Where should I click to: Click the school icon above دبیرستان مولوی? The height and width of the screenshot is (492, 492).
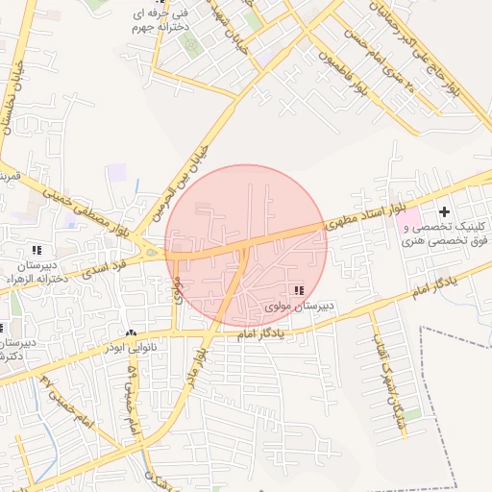click(x=299, y=289)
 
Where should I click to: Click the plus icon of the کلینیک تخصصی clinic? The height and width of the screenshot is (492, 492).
click(x=443, y=210)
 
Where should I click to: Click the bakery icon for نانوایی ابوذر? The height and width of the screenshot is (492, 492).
click(x=132, y=332)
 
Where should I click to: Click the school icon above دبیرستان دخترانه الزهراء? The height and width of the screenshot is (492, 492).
click(x=37, y=250)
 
